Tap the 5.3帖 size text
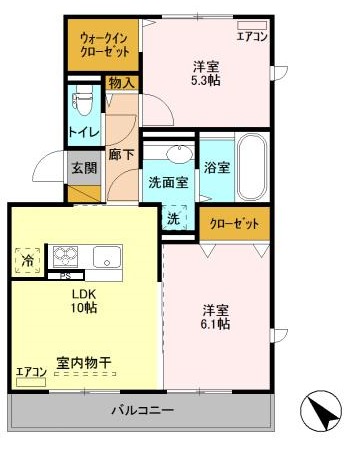(207, 82)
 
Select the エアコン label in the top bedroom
(250, 36)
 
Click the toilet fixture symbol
(83, 99)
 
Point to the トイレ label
(82, 131)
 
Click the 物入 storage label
(122, 83)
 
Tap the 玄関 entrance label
(83, 167)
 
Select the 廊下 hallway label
(120, 155)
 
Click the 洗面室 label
(167, 184)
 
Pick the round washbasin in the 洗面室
(179, 153)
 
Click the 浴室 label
(218, 167)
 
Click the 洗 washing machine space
(173, 219)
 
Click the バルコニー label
(142, 410)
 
